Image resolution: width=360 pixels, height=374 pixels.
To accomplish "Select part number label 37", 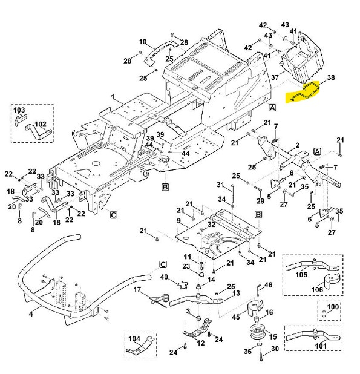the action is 275,77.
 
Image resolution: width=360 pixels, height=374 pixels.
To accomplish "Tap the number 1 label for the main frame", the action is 113,97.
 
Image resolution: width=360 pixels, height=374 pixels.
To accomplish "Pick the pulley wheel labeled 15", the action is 257,332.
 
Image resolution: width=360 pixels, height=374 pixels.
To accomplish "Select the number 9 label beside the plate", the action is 179,221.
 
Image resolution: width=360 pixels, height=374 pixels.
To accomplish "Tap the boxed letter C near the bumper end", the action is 163,264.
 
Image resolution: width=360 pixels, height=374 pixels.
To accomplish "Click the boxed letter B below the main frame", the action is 165,187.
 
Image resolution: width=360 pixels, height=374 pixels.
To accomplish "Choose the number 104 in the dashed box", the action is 134,338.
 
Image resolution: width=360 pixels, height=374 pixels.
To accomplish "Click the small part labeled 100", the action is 324,313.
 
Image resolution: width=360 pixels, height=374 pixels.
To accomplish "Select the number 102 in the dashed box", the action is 41,124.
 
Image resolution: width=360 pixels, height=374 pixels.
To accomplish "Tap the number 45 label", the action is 236,317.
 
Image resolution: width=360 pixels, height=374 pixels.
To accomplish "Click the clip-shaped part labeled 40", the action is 183,284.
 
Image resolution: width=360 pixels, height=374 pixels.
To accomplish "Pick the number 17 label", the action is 137,289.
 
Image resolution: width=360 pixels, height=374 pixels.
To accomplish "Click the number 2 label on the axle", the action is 298,145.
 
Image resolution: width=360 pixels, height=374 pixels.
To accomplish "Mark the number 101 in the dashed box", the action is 321,346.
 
